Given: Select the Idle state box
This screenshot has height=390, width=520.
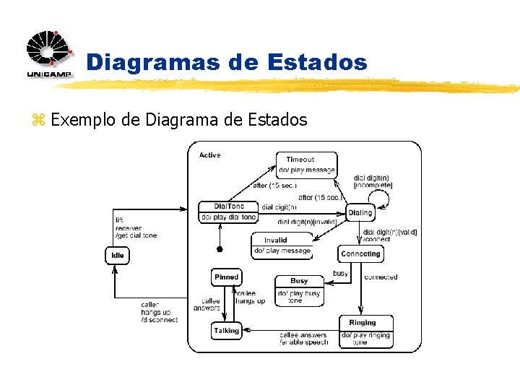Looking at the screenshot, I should tap(118, 255).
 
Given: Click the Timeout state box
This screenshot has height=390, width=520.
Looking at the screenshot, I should tap(306, 165).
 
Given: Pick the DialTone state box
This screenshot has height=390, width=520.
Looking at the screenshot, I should tap(228, 212).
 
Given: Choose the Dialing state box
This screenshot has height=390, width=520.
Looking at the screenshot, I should tap(360, 212).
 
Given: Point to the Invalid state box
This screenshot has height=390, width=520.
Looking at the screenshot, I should tap(282, 245).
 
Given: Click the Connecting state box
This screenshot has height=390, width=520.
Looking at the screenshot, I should tap(360, 253).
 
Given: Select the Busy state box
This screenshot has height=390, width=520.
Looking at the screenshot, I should tap(299, 290).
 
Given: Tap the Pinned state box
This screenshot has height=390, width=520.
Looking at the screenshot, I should tap(226, 277).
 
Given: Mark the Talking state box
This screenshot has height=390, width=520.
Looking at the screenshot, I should tap(226, 331).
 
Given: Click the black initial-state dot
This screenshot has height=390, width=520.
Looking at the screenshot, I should tap(220, 250).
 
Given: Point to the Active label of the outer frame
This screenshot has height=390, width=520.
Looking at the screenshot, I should tap(209, 155).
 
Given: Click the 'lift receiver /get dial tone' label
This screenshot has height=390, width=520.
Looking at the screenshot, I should tap(135, 227).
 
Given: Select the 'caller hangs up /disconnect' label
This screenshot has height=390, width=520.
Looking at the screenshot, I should tap(158, 312).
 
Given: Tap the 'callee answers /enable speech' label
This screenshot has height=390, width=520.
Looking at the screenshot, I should tap(303, 338).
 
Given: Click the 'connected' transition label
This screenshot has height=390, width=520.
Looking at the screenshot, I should tap(381, 277).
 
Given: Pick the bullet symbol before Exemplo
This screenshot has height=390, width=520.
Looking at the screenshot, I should tap(39, 120).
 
